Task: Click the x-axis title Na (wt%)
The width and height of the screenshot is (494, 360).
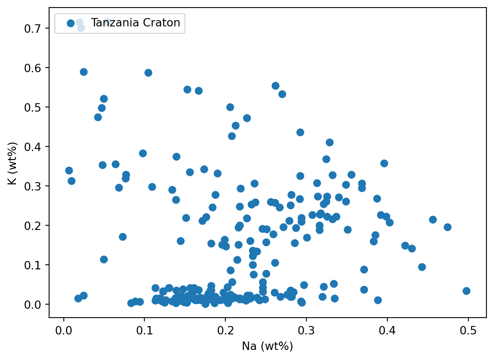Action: coord(267,346)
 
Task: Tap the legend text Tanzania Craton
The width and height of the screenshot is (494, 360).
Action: coord(136,23)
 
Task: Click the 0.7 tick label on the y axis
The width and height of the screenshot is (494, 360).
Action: coord(36,29)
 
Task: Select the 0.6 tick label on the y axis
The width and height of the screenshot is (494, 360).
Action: coord(36,68)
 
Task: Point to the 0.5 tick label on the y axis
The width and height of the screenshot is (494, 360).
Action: coord(36,107)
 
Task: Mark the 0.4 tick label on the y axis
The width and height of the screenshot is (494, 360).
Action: coord(36,147)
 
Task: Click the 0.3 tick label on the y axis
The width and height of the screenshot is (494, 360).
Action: coord(36,186)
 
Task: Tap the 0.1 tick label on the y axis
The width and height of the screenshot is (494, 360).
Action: coord(36,265)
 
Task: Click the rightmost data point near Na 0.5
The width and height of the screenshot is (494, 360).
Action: coord(466,291)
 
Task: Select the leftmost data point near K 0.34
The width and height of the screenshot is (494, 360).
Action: coord(69,170)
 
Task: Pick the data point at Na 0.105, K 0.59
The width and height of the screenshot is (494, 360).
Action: coord(148,73)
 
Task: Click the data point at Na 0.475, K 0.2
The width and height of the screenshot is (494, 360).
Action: coord(447,227)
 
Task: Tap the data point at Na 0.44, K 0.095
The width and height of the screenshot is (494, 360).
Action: coord(422,267)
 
